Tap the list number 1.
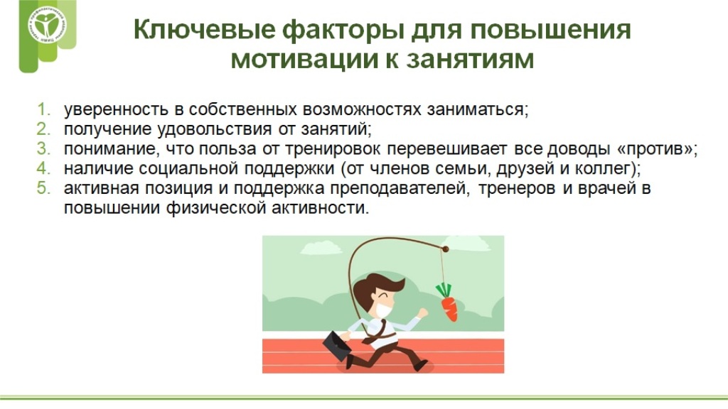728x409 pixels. coord(43,109)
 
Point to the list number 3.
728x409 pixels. coord(43,148)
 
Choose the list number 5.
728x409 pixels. coord(43,187)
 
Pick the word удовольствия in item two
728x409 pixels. coord(215,129)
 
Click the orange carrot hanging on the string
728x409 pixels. coord(449,308)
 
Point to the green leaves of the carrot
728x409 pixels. coord(444,290)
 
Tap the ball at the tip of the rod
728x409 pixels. coord(446,249)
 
